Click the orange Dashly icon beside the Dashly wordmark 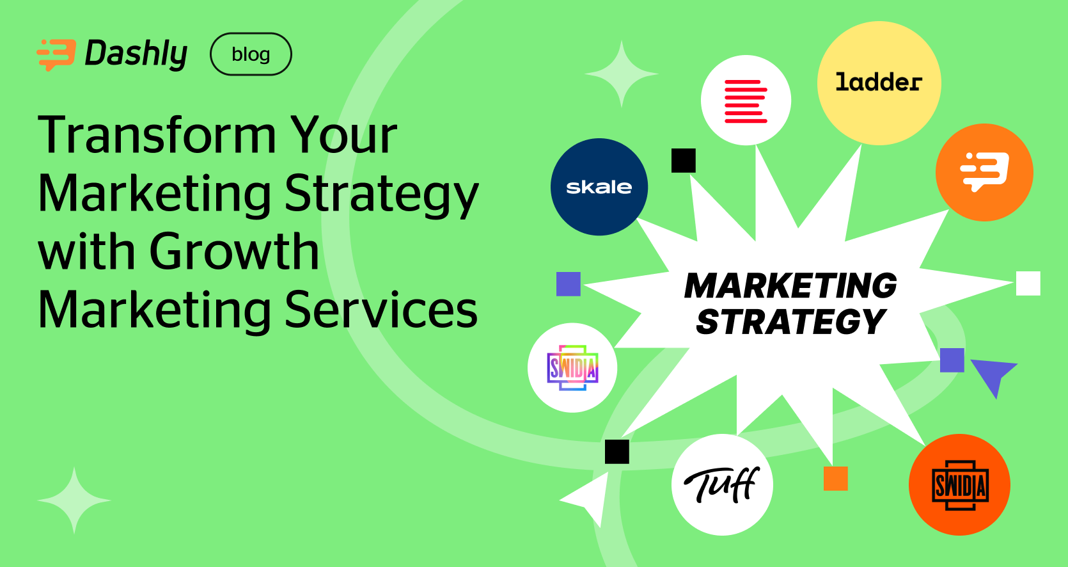click(x=56, y=54)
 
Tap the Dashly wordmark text click(x=136, y=54)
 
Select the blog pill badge click(x=251, y=54)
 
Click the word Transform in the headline click(x=157, y=136)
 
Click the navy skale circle click(x=599, y=187)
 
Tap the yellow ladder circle click(x=879, y=83)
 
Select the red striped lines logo click(x=746, y=100)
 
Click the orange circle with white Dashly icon click(x=984, y=172)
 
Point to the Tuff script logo click(x=722, y=484)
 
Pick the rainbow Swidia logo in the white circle click(x=572, y=367)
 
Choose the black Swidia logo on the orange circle click(x=959, y=484)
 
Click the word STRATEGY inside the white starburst click(x=790, y=321)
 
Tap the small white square click(x=1028, y=283)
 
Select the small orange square click(x=835, y=478)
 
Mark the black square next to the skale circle click(x=683, y=161)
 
